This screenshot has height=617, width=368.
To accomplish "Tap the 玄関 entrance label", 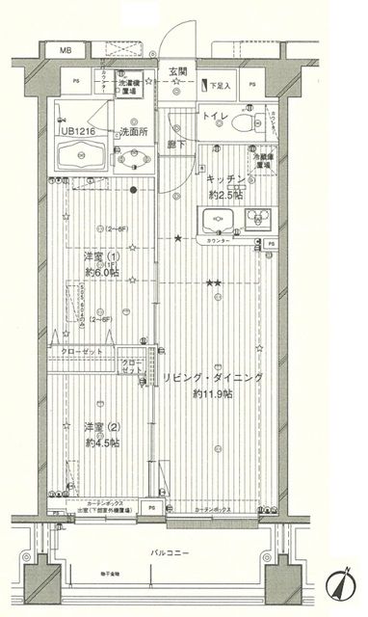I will pyautogui.click(x=178, y=70).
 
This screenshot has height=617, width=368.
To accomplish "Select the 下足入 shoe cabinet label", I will pyautogui.click(x=223, y=86).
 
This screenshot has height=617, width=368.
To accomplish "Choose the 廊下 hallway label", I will pyautogui.click(x=174, y=144).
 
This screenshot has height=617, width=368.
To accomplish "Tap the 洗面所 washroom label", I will pyautogui.click(x=134, y=131).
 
